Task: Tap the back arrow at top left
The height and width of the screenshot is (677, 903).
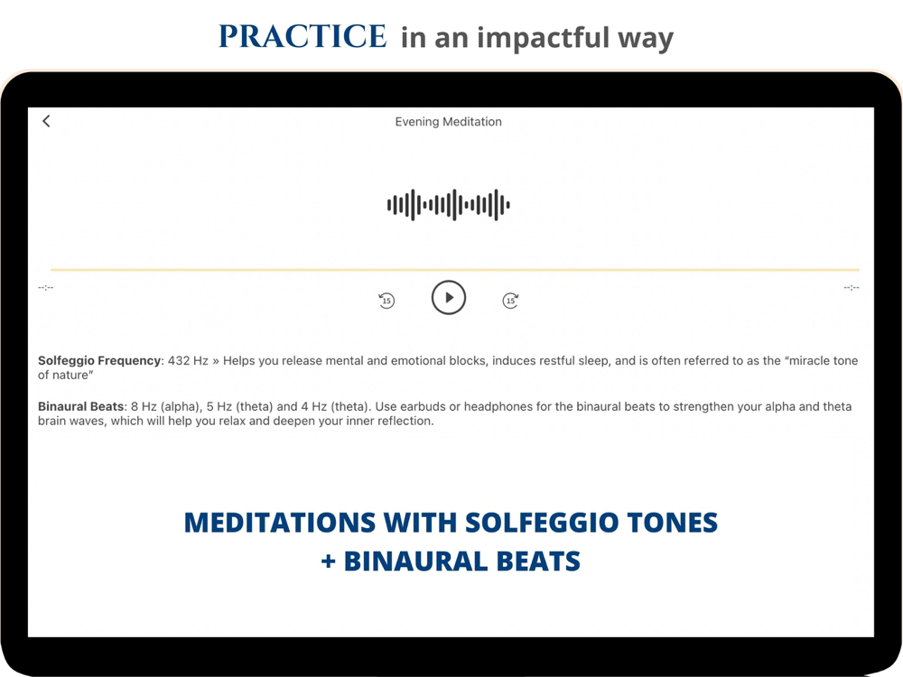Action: coord(46,121)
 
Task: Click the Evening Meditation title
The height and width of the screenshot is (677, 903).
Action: coord(448,122)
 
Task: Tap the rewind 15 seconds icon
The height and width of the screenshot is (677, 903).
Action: coord(386,300)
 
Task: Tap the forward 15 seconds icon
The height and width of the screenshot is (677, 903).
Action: coord(510,300)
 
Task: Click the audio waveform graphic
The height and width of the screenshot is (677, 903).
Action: coord(448,204)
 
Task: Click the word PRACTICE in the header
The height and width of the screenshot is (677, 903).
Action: coord(303,36)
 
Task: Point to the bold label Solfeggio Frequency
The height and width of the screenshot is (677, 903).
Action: coord(99,361)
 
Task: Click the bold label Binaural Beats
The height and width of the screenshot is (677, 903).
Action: coord(80,406)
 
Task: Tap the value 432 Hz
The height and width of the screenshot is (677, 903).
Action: coord(188,361)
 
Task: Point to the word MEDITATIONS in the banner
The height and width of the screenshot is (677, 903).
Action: coord(280,523)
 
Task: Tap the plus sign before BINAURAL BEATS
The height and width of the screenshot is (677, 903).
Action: coord(329,561)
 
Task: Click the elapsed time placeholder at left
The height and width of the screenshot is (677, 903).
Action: coord(45,287)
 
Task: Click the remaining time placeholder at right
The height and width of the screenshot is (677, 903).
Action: coord(852,287)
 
